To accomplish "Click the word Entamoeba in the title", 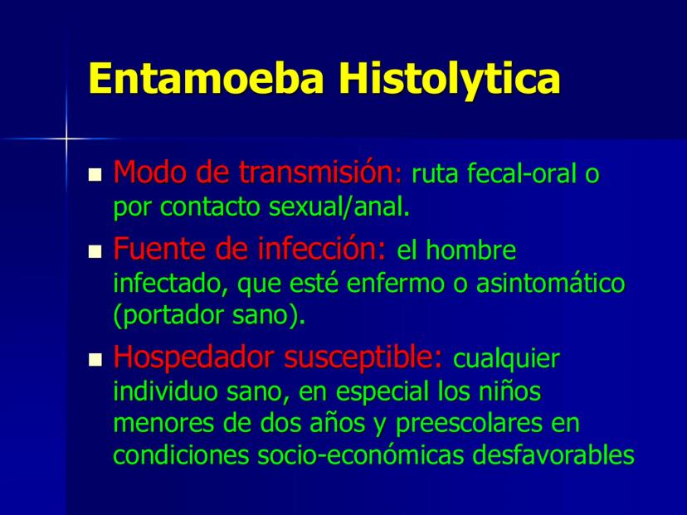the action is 206,78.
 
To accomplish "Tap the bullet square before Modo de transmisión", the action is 95,175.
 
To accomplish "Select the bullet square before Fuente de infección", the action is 95,251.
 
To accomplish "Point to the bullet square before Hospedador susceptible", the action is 95,360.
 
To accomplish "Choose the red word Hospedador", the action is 193,357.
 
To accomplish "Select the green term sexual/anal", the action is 337,206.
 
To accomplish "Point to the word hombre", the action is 470,250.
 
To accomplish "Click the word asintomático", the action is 550,283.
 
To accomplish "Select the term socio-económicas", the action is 361,455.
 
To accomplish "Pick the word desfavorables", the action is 553,455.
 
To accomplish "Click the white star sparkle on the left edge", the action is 66,138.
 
